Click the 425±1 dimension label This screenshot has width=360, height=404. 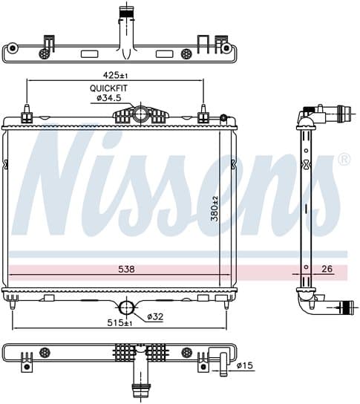pos(115,75)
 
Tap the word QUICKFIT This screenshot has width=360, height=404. pos(108,88)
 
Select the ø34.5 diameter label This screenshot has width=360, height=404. pos(108,98)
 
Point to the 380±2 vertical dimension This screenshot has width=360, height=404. pos(215,209)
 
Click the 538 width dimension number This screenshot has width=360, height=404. pos(126,270)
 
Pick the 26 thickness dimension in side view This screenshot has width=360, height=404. pos(327,269)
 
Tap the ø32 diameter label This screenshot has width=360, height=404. pos(155,316)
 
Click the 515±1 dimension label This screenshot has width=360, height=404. pos(120,323)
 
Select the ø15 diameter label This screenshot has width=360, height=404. pos(245,365)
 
